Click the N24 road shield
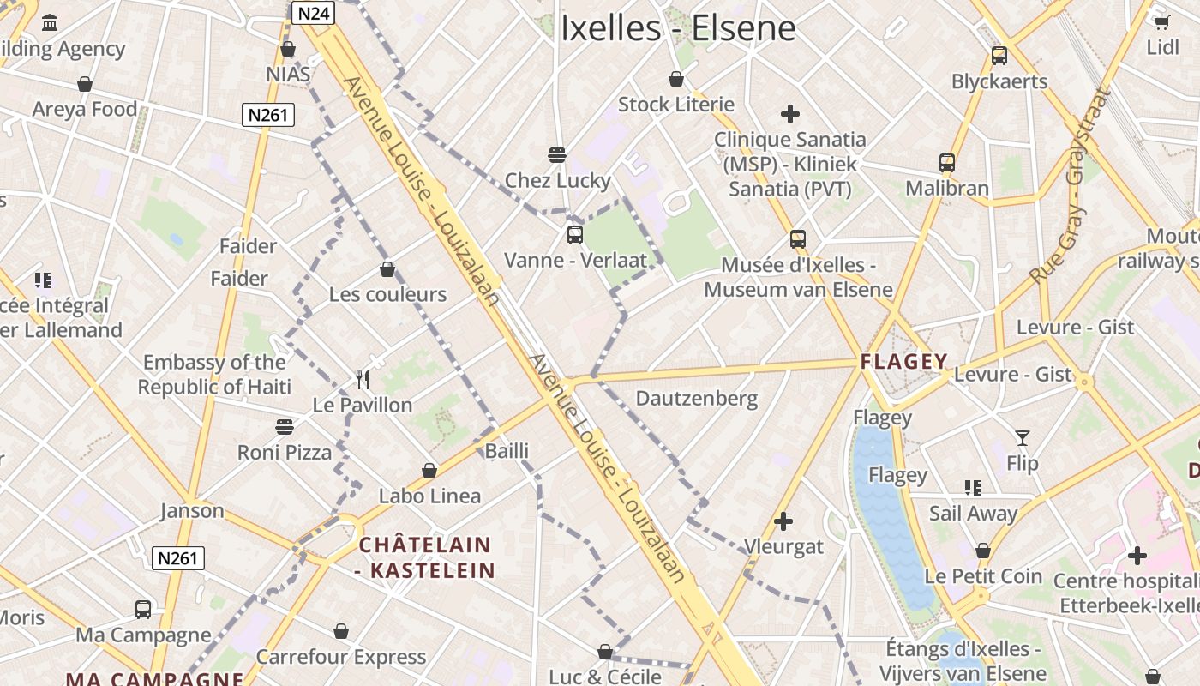[313, 13]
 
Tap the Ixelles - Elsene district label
[678, 28]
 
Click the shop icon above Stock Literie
[676, 80]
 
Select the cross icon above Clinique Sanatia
[790, 113]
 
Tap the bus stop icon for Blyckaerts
[999, 56]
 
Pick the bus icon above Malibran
[947, 163]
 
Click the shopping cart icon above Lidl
[1162, 22]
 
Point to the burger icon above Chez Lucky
[557, 155]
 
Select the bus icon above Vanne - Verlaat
[575, 234]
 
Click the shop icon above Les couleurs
[387, 269]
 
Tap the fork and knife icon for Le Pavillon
[363, 379]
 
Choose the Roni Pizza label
[285, 452]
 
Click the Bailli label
[507, 451]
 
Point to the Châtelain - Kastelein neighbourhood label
[425, 557]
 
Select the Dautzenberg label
[697, 398]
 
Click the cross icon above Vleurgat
[783, 521]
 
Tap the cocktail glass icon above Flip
[1022, 438]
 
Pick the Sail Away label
[973, 514]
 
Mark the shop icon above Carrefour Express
[341, 632]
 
